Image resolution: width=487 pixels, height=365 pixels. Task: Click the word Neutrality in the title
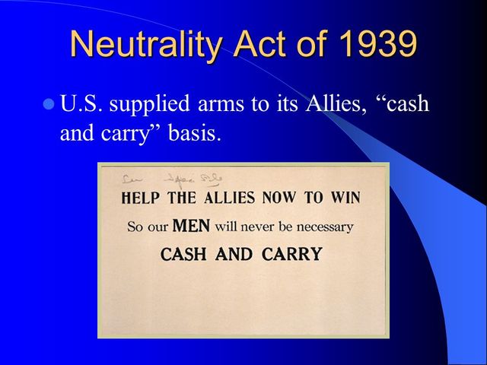tap(145, 45)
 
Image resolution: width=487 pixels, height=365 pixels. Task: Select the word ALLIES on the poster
tap(228, 198)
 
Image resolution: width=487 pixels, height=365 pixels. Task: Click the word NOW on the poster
tap(280, 198)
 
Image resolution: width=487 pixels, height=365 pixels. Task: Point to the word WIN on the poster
tap(344, 198)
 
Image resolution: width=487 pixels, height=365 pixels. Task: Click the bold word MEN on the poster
tap(192, 226)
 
